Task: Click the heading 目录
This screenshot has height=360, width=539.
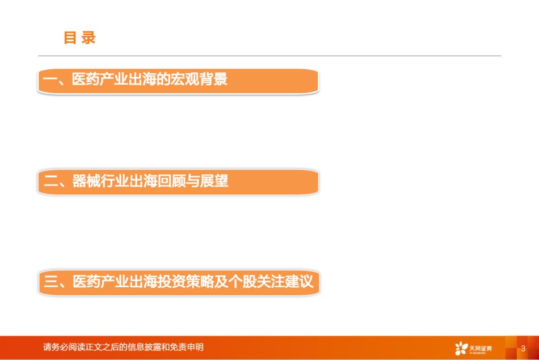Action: click(x=79, y=37)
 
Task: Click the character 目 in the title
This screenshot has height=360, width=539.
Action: click(x=70, y=37)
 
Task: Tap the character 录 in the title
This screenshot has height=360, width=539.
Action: click(x=89, y=37)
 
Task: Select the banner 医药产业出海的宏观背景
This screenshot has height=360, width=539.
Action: click(x=178, y=81)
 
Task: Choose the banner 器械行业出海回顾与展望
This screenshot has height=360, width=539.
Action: click(x=178, y=182)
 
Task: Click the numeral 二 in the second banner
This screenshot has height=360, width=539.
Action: click(x=50, y=181)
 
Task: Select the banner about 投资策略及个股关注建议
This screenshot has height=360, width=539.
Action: click(x=179, y=283)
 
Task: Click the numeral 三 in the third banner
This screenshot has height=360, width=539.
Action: click(x=50, y=282)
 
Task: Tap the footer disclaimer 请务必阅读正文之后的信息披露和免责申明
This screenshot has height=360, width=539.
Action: click(x=123, y=347)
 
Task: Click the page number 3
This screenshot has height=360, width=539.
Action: click(x=523, y=348)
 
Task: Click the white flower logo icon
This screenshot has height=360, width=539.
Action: click(x=461, y=348)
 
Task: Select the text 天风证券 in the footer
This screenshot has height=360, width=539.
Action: click(x=481, y=348)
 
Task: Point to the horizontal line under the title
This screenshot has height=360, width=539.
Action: click(x=269, y=56)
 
